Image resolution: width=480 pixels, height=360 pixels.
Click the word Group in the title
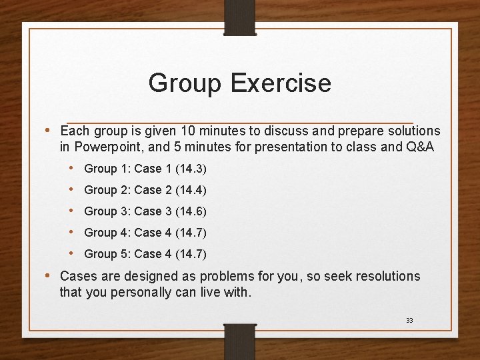pos(185,83)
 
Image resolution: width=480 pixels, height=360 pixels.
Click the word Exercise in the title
pos(280,83)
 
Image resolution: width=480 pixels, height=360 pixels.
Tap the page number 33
pos(409,321)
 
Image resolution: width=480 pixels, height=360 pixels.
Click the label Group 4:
pos(107,233)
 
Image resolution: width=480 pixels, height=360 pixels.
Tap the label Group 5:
pos(107,254)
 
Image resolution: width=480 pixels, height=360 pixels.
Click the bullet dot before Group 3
pos(72,211)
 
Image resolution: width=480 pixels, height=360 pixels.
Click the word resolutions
pos(387,276)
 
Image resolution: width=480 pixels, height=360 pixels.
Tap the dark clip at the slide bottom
pos(239,340)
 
